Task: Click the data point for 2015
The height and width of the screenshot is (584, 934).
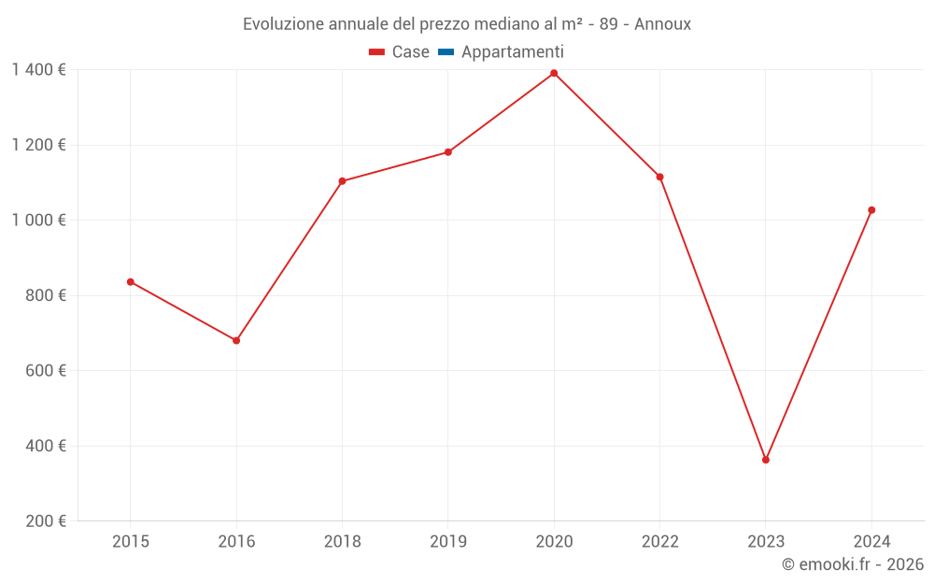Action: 131,281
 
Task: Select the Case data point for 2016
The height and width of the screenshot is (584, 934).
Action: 236,340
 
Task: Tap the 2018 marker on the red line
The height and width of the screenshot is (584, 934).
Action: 342,181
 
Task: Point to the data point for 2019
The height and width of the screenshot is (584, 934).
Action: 448,152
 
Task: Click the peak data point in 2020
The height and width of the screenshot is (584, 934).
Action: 554,73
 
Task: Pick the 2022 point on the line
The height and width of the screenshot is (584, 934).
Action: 659,177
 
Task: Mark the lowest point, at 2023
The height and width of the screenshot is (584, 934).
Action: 766,460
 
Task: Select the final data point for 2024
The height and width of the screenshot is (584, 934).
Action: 871,210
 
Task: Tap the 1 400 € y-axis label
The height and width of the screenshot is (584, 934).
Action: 38,70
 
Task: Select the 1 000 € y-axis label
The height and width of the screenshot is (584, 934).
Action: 38,221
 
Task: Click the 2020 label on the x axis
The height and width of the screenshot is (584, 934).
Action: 554,541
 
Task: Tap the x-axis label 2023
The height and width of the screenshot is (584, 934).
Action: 766,541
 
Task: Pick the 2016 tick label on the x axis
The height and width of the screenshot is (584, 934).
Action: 236,541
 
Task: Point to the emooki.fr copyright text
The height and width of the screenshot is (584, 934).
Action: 853,564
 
